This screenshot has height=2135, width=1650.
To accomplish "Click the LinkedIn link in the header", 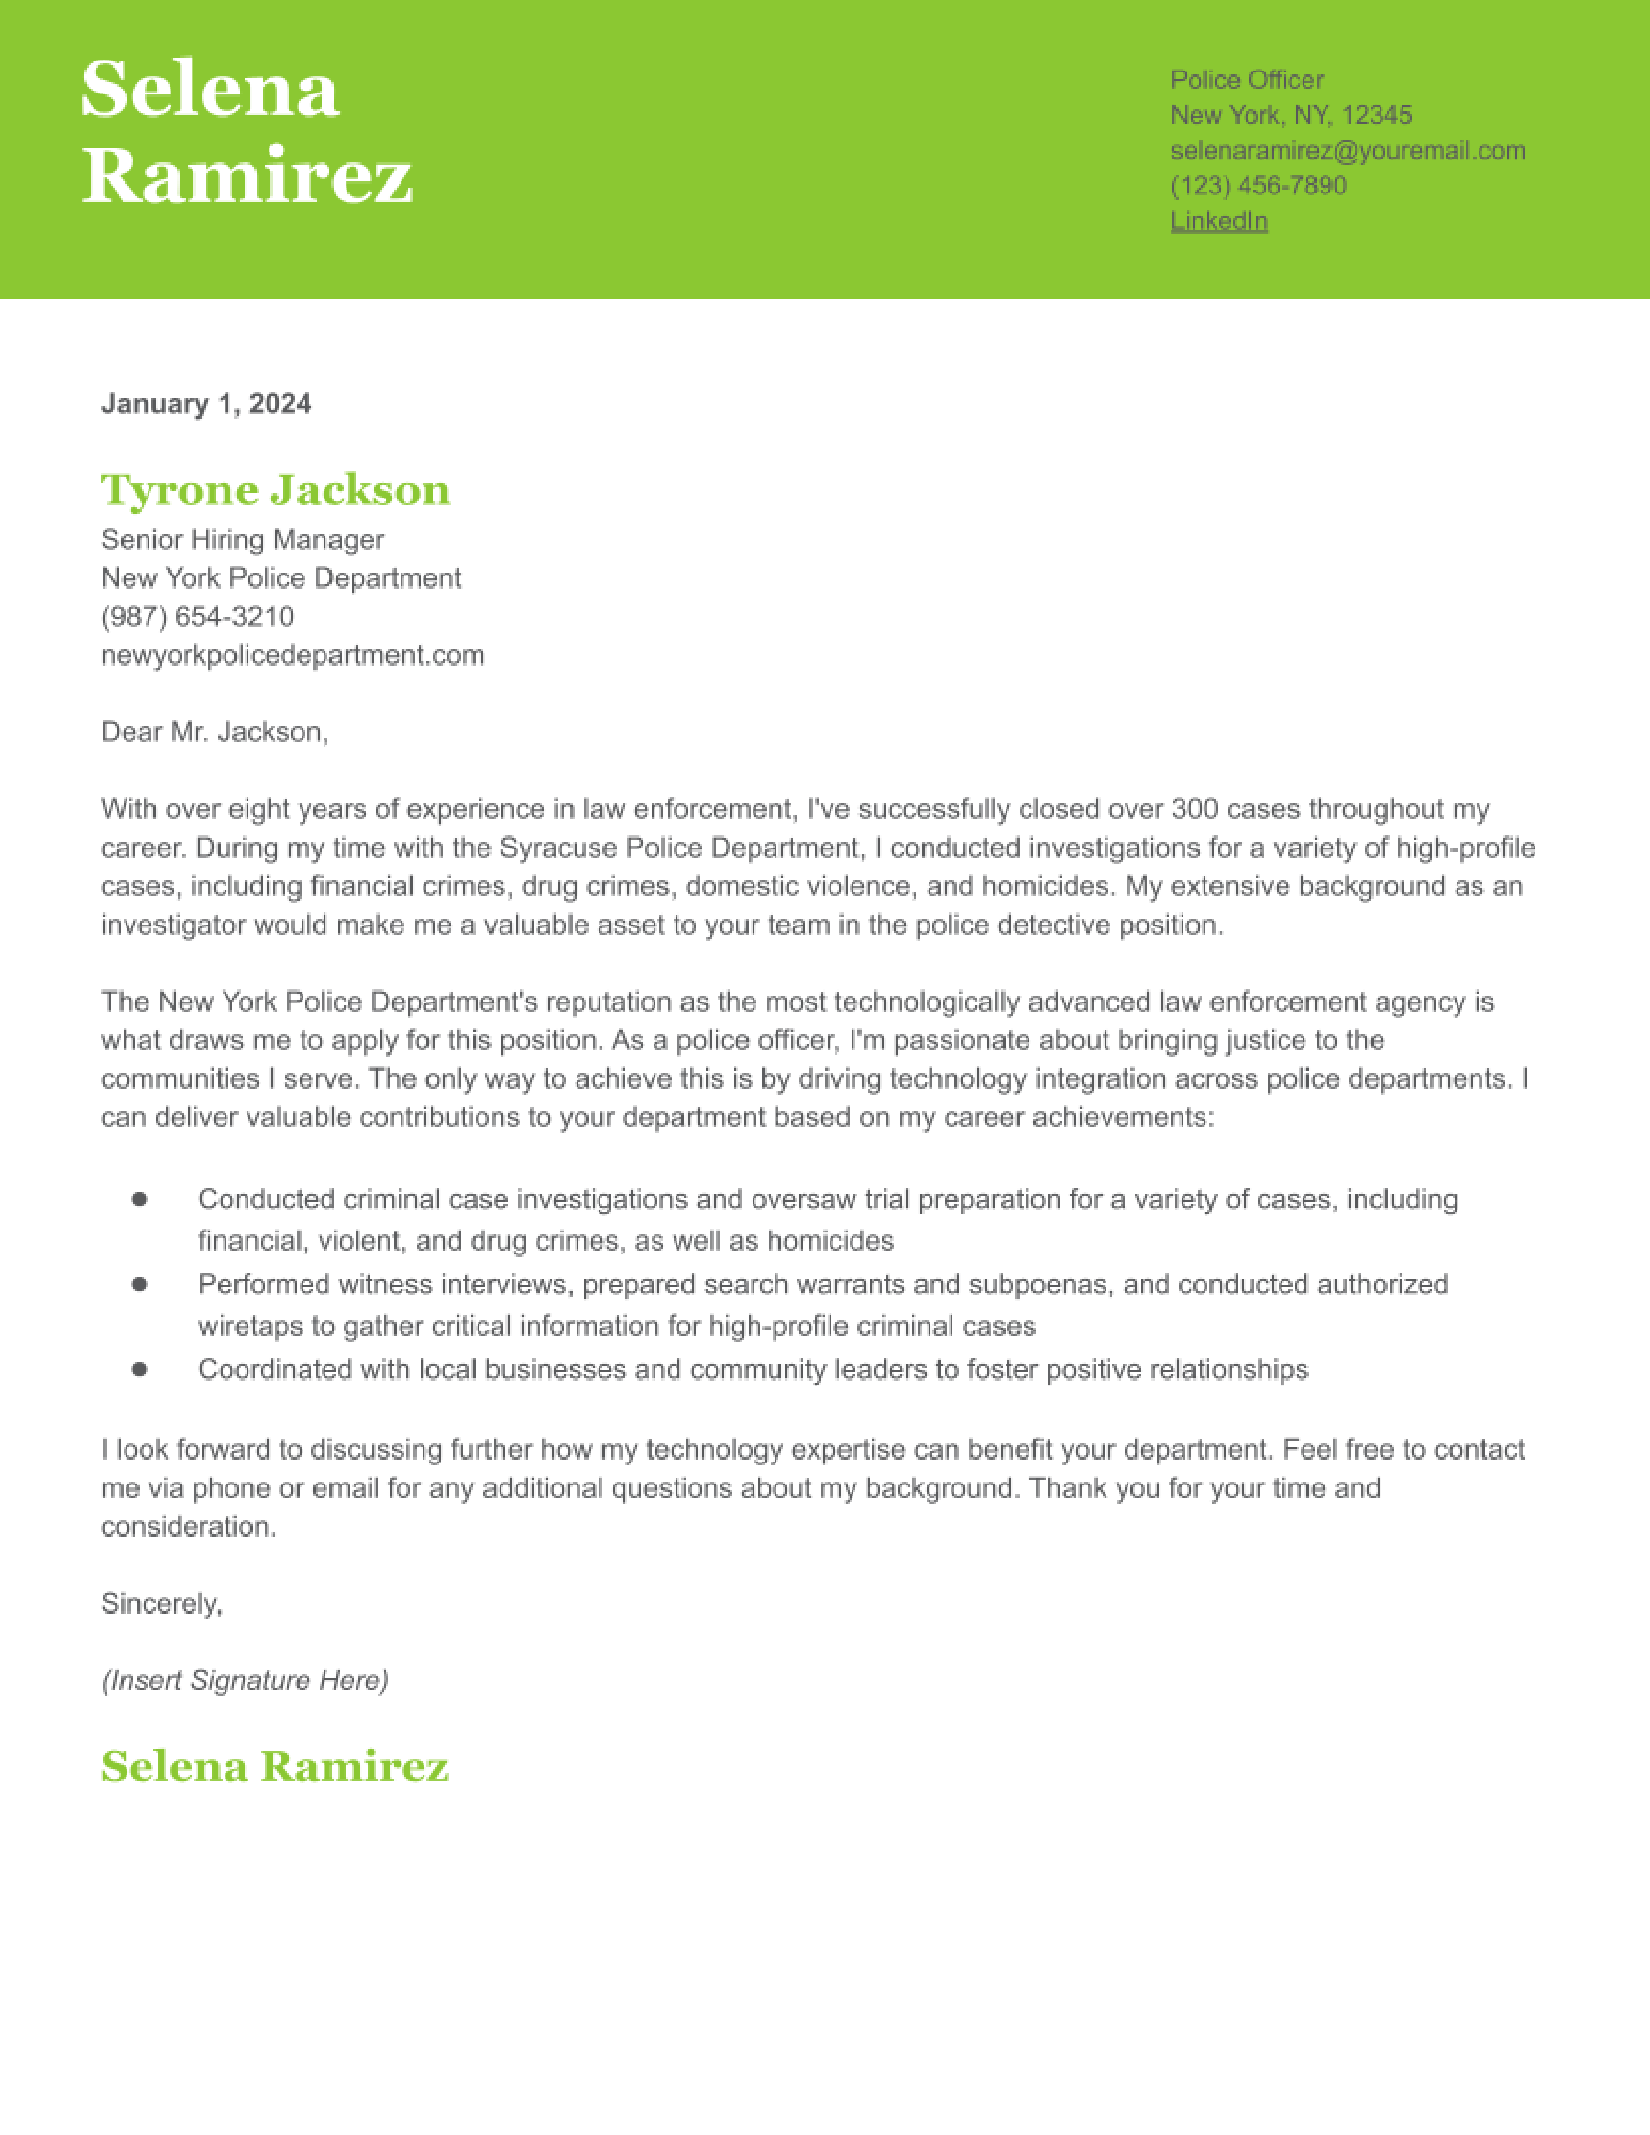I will [1219, 221].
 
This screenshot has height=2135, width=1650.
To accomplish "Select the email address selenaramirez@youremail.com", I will [1348, 151].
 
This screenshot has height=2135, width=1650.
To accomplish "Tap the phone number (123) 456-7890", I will [1258, 186].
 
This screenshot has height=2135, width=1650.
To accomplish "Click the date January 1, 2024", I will [206, 404].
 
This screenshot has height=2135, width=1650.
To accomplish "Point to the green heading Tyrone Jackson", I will [276, 490].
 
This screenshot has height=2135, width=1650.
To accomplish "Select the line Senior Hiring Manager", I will [243, 540].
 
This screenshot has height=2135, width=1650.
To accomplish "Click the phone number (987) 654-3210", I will [197, 616].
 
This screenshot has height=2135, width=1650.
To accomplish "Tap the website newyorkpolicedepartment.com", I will [292, 655].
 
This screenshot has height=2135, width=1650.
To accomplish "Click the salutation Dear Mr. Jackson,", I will [215, 732].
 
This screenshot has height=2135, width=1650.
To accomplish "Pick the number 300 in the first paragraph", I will [1194, 809].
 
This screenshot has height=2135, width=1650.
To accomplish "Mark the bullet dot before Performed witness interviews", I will [140, 1284].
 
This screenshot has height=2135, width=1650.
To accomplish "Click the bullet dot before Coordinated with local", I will [140, 1370].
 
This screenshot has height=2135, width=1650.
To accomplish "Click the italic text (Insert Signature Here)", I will [245, 1680].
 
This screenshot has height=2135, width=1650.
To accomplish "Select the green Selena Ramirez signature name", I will [274, 1766].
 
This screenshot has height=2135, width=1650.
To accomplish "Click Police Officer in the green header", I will [1248, 80].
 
